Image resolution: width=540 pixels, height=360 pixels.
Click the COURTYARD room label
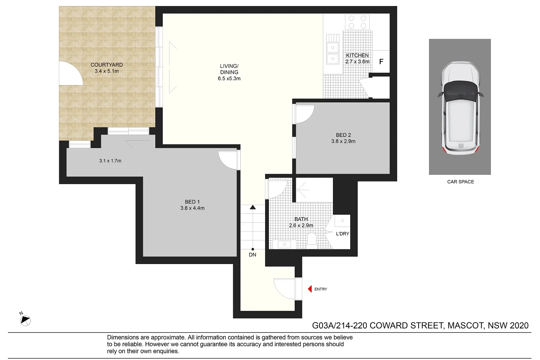pyautogui.click(x=106, y=65)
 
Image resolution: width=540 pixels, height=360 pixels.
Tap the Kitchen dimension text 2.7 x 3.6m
pyautogui.click(x=357, y=61)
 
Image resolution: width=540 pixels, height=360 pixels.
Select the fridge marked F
pyautogui.click(x=381, y=61)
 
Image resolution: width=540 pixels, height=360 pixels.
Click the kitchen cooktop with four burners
pyautogui.click(x=357, y=22)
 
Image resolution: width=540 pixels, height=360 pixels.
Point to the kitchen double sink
pyautogui.click(x=332, y=52)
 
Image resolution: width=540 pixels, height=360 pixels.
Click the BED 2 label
pyautogui.click(x=343, y=135)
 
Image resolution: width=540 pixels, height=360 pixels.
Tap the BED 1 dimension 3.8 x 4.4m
pyautogui.click(x=192, y=208)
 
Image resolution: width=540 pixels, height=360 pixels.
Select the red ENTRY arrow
pyautogui.click(x=310, y=289)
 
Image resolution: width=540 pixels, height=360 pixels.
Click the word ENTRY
pyautogui.click(x=321, y=289)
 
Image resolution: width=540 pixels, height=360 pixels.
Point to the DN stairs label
pyautogui.click(x=252, y=255)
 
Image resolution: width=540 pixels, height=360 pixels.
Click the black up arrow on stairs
pyautogui.click(x=253, y=207)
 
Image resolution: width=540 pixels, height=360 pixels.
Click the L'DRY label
pyautogui.click(x=342, y=234)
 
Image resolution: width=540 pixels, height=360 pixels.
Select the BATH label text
pyautogui.click(x=301, y=219)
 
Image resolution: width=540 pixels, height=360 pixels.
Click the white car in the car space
pyautogui.click(x=460, y=109)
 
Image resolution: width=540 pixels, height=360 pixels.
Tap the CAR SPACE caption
pyautogui.click(x=460, y=181)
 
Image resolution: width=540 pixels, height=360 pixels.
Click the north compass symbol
pyautogui.click(x=25, y=320)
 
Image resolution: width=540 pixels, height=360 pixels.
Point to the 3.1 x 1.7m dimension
pyautogui.click(x=110, y=160)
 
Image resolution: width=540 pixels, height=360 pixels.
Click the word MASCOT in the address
pyautogui.click(x=465, y=325)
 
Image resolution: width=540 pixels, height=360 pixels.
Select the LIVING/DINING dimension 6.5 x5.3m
pyautogui.click(x=229, y=78)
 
